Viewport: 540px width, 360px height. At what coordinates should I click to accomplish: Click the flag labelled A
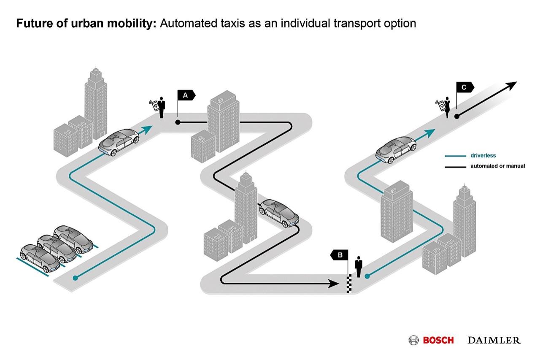(186, 95)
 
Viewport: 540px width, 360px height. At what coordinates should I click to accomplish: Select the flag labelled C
(464, 87)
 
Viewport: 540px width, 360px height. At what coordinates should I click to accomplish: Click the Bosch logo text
(438, 340)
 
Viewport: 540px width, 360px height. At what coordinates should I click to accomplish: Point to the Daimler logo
(494, 340)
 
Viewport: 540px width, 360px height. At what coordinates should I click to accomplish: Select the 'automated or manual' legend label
(497, 166)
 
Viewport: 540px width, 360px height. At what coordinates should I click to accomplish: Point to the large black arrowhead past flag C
(511, 86)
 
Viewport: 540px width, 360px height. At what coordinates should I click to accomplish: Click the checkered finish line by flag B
(348, 284)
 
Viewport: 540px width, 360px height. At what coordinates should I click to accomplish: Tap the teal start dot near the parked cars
(75, 278)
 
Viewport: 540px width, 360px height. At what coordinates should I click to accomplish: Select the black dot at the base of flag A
(178, 122)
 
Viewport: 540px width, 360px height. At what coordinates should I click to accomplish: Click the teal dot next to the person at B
(367, 276)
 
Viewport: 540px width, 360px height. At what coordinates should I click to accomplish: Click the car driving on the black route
(279, 213)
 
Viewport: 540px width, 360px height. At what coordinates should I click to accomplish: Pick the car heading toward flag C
(396, 149)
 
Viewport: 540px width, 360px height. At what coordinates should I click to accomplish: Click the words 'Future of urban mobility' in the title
(86, 24)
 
